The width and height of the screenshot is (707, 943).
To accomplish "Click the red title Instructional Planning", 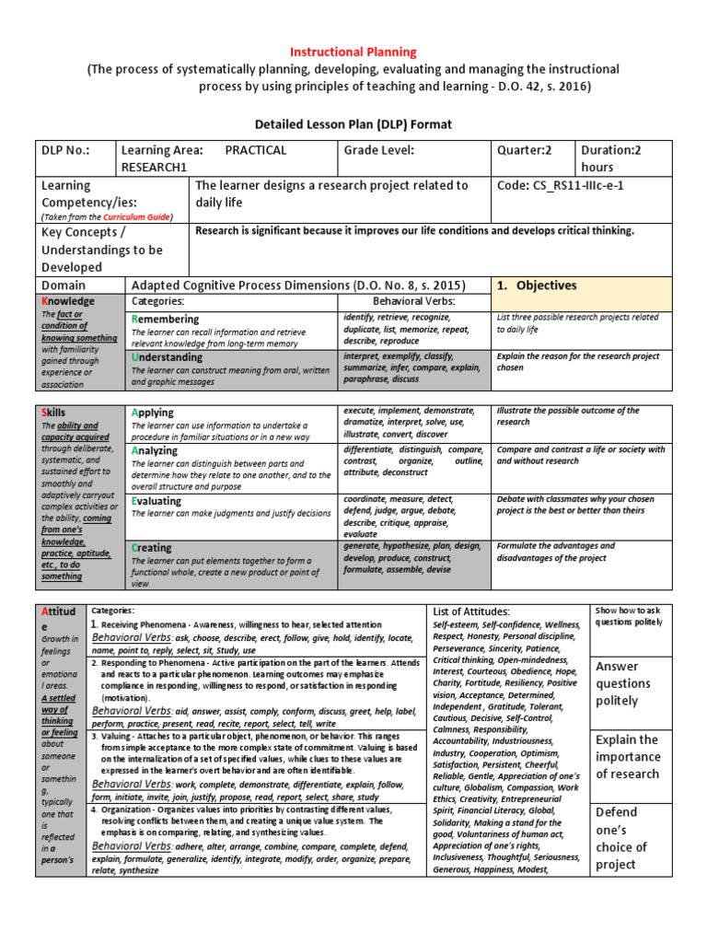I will (x=354, y=52).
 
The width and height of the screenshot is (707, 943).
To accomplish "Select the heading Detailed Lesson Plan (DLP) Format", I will (x=353, y=123).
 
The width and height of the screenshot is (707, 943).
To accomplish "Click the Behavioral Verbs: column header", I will (x=413, y=301).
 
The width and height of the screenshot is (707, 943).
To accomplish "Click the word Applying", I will (x=153, y=413).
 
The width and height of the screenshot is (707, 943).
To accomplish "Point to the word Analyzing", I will (x=158, y=451).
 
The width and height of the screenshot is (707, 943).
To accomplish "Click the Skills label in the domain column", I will (x=55, y=412).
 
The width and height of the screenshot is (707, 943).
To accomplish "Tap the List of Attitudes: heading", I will (x=470, y=611).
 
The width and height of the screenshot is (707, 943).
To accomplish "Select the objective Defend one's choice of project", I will (x=621, y=838).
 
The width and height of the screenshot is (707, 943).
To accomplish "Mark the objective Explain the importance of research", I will (x=627, y=756).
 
